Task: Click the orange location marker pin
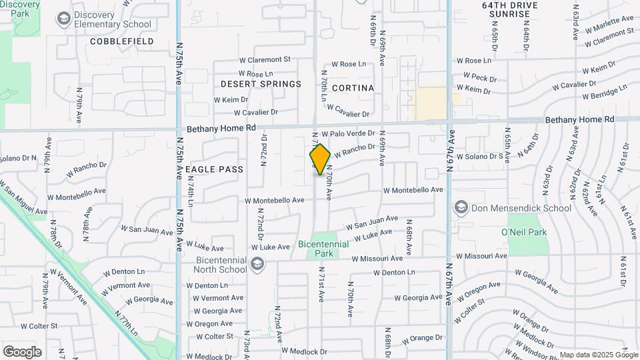[320, 159]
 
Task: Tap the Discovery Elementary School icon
[63, 19]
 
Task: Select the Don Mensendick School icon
[461, 207]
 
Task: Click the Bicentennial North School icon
[257, 265]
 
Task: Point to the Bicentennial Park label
[323, 249]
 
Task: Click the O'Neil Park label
[523, 232]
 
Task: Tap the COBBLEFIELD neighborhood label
[122, 41]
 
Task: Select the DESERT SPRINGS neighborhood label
[261, 84]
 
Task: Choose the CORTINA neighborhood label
[353, 88]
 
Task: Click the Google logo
[22, 351]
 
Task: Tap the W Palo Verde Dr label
[347, 134]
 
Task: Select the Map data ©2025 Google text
[598, 355]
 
